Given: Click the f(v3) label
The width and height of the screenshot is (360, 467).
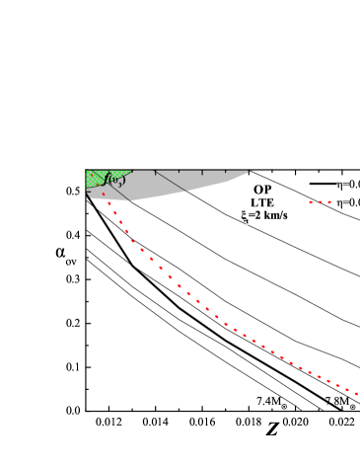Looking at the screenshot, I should click(114, 180).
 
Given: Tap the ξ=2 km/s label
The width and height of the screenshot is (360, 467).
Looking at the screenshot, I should click(264, 215).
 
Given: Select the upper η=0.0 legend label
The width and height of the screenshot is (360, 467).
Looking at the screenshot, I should click(348, 184).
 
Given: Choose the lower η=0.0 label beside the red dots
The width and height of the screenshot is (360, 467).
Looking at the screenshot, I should click(348, 202).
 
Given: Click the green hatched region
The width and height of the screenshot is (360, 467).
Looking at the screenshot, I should click(97, 178).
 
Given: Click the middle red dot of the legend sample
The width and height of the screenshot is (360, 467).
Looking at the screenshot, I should click(320, 202).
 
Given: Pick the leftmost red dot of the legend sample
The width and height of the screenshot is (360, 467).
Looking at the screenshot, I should click(311, 202).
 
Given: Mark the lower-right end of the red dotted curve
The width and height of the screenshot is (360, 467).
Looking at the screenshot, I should click(357, 395).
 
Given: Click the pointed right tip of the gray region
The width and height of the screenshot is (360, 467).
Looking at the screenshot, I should click(252, 171).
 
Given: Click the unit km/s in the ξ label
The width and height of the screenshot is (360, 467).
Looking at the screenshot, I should click(274, 215).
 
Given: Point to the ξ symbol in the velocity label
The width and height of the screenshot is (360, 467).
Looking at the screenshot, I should click(245, 215).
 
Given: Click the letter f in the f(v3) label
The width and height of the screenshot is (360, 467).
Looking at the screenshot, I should click(107, 179).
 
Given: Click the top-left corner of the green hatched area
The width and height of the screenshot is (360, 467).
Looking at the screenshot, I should click(87, 171).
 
